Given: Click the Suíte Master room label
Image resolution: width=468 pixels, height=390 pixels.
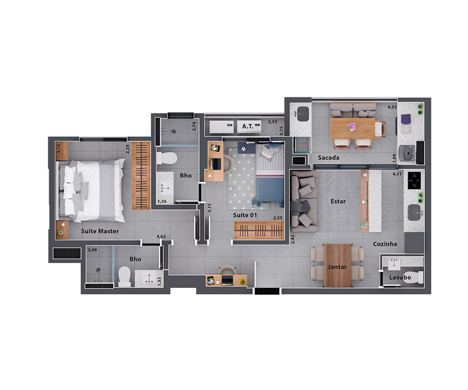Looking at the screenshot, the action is tap(100, 231).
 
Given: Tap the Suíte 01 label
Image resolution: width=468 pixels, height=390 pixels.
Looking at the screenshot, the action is tap(245, 215).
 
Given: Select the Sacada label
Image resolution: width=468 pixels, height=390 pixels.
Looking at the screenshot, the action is tap(329, 157).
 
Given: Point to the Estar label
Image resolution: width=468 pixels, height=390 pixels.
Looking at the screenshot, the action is tap(338, 201).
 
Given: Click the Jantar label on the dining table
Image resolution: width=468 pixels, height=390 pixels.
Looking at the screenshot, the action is tap(337, 267).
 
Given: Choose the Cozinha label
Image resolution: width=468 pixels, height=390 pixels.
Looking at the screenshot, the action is tap(385, 244).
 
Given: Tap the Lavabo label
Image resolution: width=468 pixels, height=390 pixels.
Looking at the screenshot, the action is tap(400, 278).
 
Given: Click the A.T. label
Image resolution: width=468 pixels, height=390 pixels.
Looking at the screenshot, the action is tap(248, 126).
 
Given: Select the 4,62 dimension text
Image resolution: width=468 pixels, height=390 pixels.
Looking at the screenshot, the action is tap(161, 236).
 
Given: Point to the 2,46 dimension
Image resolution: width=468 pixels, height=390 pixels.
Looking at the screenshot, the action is tap(92, 250).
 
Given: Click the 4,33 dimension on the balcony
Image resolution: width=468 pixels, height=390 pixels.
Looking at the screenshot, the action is tap(392, 107).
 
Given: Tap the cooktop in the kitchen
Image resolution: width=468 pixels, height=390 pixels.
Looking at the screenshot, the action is tap(414, 180).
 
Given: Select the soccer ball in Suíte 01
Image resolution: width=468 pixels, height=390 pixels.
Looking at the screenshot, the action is tap(243, 148).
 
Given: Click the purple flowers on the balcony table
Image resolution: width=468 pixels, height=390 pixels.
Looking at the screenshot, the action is tap(352, 126).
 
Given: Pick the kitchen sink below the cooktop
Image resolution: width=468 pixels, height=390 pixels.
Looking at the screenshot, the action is tap(414, 213).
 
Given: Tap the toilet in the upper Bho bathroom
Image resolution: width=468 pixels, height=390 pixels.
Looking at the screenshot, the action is tap(167, 158).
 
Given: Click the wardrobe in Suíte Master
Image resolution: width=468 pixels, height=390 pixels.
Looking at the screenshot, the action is tap(141, 176).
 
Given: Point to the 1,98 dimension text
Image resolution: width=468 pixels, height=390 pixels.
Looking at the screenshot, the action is tap(394, 158).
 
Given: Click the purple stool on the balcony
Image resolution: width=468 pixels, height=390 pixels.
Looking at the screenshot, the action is tap(406, 119).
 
